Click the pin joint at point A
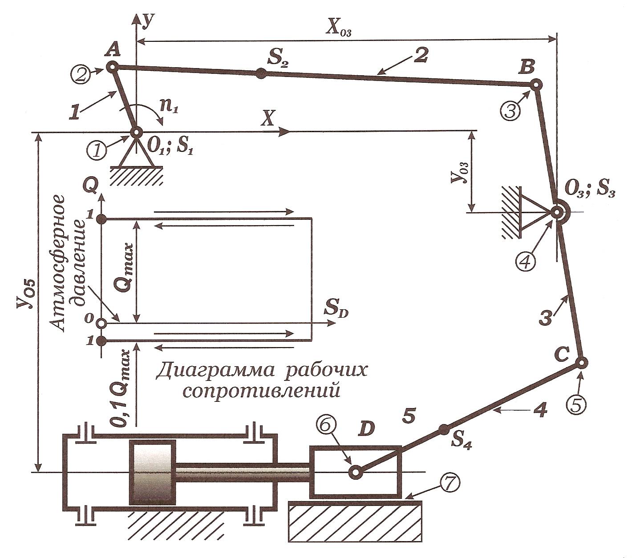pos(111,67)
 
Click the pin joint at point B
pos(536,84)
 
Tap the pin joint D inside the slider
pos(356,472)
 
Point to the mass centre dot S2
pos(261,74)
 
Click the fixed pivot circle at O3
pos(556,212)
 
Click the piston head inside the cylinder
pos(152,473)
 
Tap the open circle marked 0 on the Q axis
pos(101,323)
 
